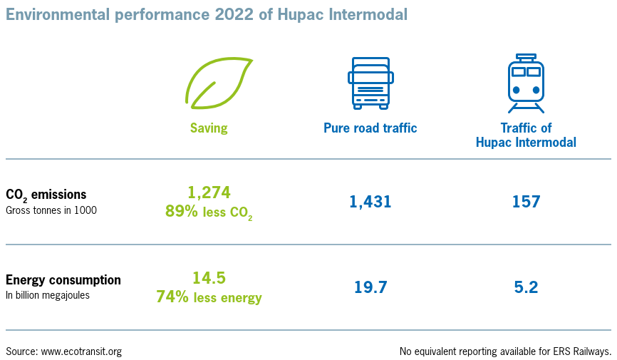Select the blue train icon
click(525, 83)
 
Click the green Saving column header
click(209, 128)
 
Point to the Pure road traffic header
click(370, 128)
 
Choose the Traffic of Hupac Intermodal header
click(526, 135)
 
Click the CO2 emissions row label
click(46, 195)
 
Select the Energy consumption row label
click(63, 279)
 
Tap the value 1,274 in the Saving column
click(209, 192)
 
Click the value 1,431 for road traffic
click(370, 202)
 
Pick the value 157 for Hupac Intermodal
click(526, 202)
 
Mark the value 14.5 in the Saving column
click(209, 278)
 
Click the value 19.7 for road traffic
click(370, 287)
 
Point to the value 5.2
click(526, 287)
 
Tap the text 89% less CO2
click(209, 212)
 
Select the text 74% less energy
click(209, 297)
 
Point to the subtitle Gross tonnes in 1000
click(51, 210)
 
